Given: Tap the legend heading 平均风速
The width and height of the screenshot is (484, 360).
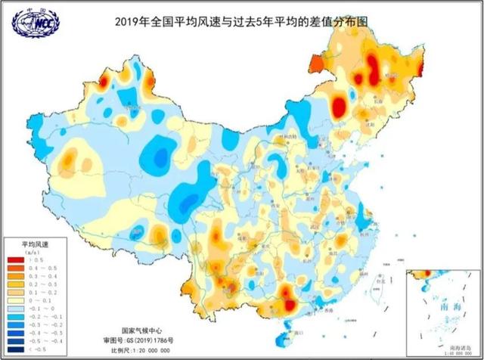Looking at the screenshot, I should (34, 245).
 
